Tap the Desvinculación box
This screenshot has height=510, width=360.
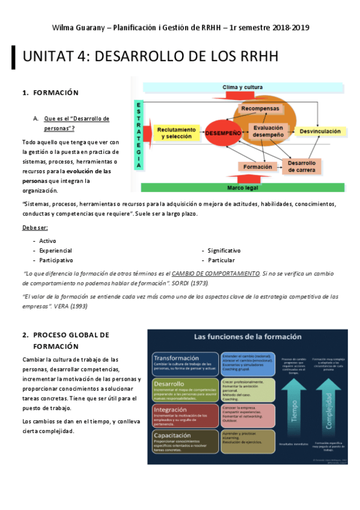(320, 131)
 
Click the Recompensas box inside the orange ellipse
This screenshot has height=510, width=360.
(260, 108)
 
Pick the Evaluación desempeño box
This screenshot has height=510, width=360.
(268, 131)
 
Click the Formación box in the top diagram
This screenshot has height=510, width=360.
(257, 166)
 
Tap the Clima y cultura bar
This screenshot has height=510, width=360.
(242, 87)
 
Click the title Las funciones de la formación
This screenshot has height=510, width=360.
(247, 336)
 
